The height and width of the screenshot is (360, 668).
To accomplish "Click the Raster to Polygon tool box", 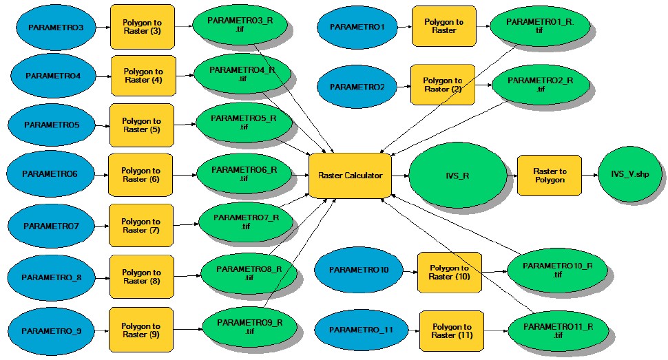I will pyautogui.click(x=549, y=176).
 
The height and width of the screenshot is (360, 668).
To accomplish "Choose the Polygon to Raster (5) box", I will pyautogui.click(x=141, y=125).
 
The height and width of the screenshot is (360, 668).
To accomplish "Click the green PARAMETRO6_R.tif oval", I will pyautogui.click(x=244, y=174).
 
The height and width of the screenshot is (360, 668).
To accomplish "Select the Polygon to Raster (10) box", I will pyautogui.click(x=449, y=272).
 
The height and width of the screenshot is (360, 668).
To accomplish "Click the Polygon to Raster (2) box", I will pyautogui.click(x=442, y=85).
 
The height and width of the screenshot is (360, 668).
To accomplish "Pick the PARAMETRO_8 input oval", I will pyautogui.click(x=52, y=277).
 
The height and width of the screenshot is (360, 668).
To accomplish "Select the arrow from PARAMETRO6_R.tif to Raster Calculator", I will pyautogui.click(x=300, y=175).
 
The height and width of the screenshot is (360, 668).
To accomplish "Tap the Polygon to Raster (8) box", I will pyautogui.click(x=141, y=277).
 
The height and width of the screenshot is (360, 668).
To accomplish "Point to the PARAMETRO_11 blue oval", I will pyautogui.click(x=361, y=330).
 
